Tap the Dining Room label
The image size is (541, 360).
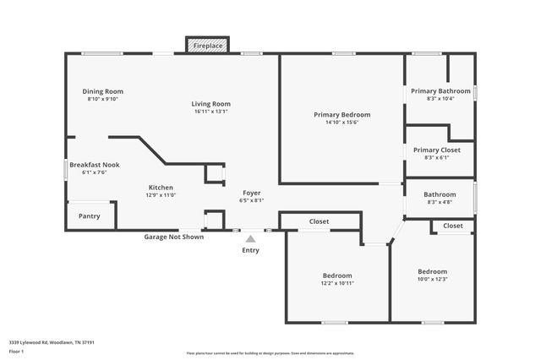click(x=103, y=91)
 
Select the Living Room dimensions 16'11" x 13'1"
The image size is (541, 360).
click(x=210, y=112)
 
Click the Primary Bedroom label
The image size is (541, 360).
click(x=342, y=115)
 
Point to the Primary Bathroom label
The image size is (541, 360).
click(x=440, y=91)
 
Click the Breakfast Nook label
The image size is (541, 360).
click(x=94, y=165)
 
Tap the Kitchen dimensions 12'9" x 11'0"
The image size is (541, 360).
click(x=161, y=195)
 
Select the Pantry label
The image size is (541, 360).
click(x=89, y=216)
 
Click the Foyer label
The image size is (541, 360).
click(x=252, y=193)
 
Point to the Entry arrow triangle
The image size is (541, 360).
click(x=250, y=239)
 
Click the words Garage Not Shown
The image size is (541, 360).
click(x=173, y=237)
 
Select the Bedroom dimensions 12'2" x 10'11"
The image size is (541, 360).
click(x=337, y=283)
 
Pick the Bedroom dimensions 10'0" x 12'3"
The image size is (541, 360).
click(x=432, y=280)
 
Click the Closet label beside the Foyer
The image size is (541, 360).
click(x=319, y=221)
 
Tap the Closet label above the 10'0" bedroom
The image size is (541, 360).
click(x=453, y=226)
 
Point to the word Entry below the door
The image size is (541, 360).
click(x=251, y=250)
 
